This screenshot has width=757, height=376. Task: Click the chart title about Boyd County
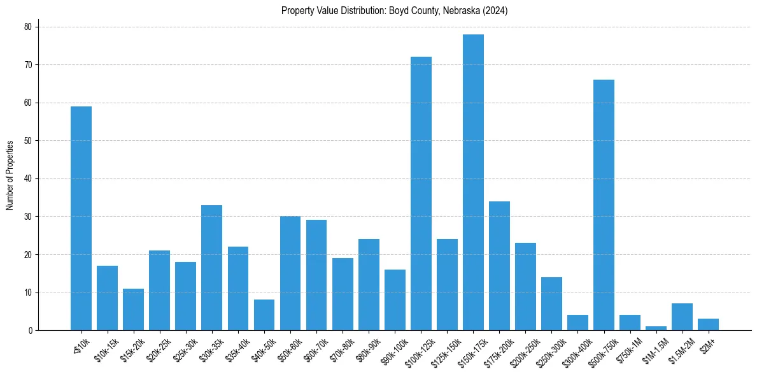394,11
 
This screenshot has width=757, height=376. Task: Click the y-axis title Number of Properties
10,175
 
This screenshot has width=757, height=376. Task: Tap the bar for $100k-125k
421,194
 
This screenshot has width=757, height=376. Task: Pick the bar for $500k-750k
604,205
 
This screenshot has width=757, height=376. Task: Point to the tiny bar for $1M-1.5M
656,328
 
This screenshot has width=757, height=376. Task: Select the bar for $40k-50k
264,315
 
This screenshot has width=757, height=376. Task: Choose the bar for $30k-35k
211,268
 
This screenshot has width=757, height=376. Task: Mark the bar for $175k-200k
499,266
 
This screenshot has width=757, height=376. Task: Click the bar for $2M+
708,325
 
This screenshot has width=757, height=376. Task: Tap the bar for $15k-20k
133,310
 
